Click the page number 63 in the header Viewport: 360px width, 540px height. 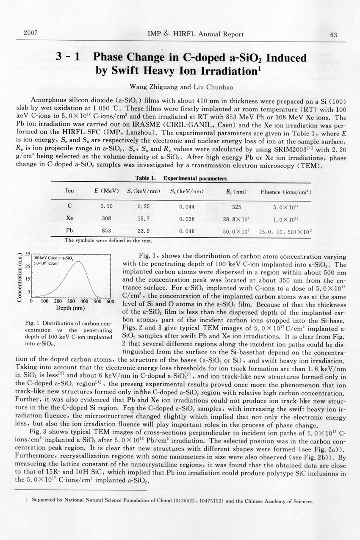[x=333, y=35]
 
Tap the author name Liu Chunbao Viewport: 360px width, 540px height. [x=203, y=86]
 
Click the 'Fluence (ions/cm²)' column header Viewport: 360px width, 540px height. [x=286, y=191]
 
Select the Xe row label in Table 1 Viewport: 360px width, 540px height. [x=70, y=218]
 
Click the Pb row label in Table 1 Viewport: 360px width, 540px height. [x=70, y=231]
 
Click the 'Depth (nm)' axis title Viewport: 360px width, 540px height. [x=69, y=308]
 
